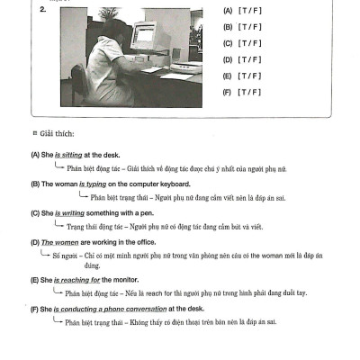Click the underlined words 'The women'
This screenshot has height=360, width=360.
(x=58, y=243)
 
